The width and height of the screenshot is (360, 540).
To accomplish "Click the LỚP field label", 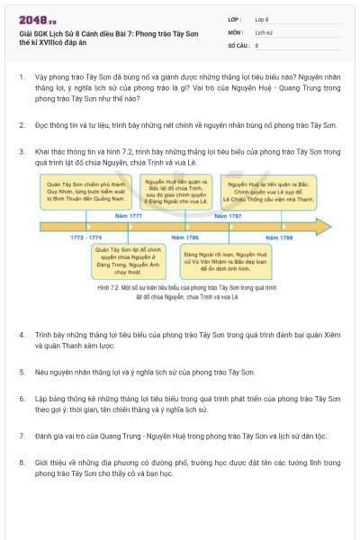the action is [235, 18].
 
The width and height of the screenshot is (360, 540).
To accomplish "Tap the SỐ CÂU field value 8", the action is [256, 44].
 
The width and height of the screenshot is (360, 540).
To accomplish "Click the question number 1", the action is [22, 78].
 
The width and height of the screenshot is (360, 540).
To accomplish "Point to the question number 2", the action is [22, 118].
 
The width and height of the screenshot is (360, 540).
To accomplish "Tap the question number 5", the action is [22, 370].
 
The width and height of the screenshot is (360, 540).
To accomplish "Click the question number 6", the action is [22, 396].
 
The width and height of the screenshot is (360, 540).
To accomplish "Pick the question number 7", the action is [22, 435].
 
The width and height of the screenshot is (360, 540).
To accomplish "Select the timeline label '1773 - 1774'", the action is [86, 237].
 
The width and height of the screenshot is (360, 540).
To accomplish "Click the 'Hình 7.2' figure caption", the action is [180, 291].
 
